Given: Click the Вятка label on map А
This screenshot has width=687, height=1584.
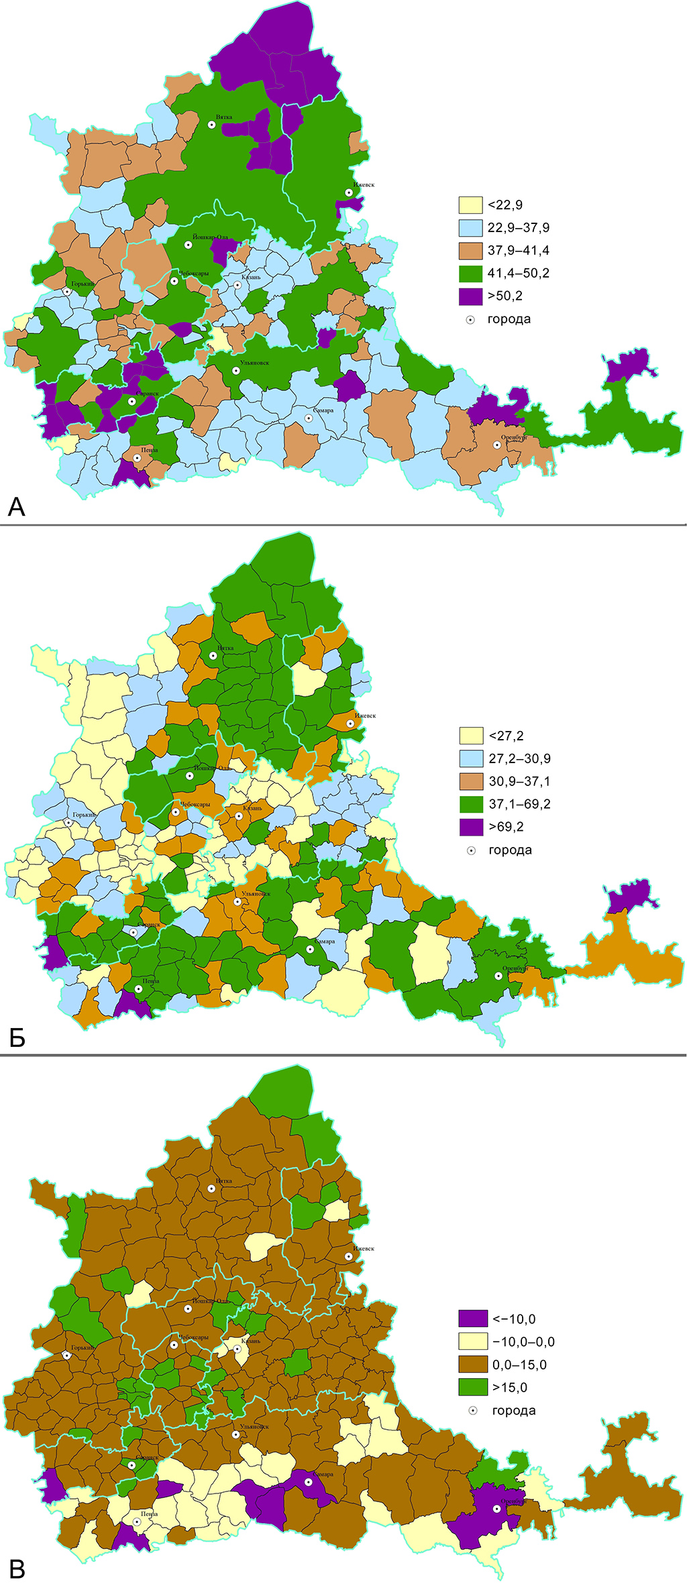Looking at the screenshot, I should [x=224, y=117].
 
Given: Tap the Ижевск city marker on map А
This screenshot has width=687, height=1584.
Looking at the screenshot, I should [x=349, y=192].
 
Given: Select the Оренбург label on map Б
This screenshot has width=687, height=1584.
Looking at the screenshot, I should [x=515, y=968].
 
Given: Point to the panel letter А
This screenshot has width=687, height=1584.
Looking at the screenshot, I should [x=17, y=507].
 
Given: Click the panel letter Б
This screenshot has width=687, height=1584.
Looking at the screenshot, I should [x=17, y=1038].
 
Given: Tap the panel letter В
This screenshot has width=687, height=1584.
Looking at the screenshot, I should [x=17, y=1569].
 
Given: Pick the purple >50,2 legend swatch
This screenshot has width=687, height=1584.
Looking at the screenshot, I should [x=471, y=296].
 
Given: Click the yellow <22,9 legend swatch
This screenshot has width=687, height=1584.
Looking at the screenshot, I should [x=471, y=205].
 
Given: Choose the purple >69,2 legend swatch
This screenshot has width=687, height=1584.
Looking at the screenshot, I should [x=472, y=827].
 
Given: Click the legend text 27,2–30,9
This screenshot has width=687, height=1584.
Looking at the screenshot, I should [x=519, y=758].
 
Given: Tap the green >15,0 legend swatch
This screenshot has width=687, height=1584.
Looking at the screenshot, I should [x=473, y=1388].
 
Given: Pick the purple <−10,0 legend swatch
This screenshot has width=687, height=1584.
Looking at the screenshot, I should [x=473, y=1319].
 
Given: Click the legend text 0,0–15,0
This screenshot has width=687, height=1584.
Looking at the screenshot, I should [x=519, y=1365].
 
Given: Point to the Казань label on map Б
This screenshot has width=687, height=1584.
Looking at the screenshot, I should [x=252, y=808].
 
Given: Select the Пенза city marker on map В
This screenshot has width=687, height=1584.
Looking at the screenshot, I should [x=137, y=1522].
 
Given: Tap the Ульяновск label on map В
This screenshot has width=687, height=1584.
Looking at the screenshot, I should [x=254, y=1426].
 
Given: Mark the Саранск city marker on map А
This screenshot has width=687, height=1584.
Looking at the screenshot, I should [x=132, y=401].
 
